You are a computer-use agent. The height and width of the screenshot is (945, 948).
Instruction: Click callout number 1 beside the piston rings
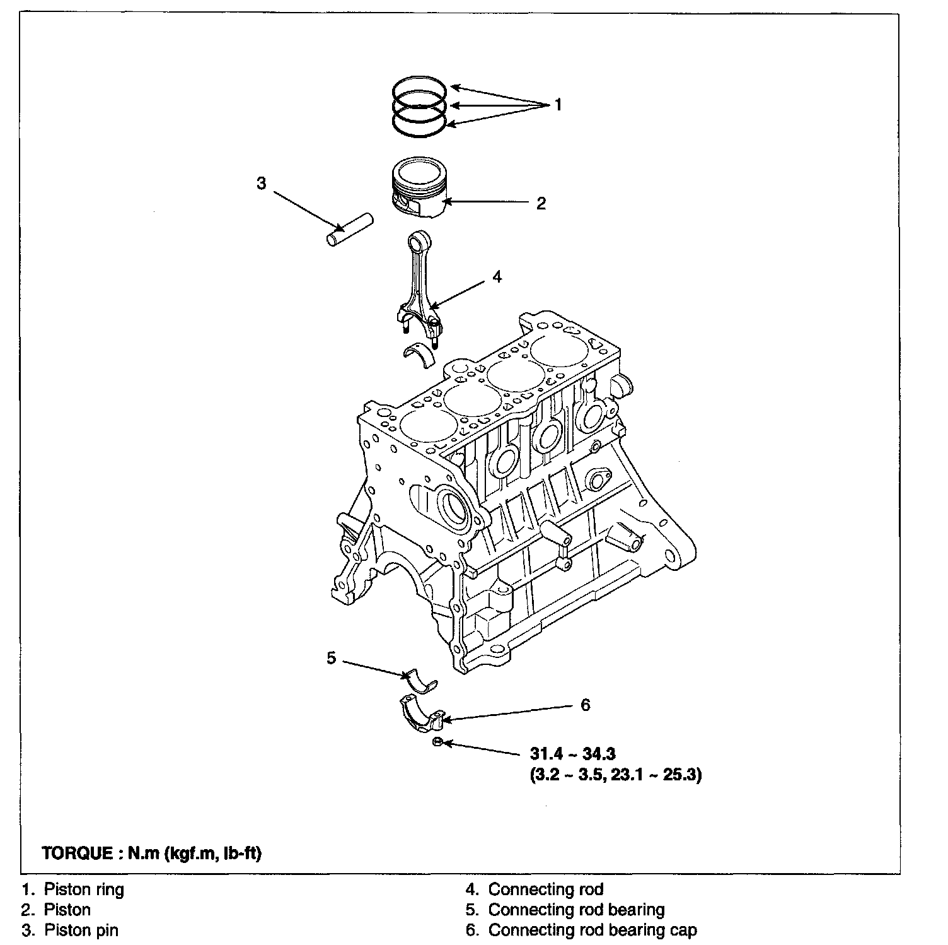557,105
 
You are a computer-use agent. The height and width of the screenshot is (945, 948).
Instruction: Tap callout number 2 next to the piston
541,203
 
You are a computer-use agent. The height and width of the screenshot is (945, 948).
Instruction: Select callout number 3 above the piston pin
262,184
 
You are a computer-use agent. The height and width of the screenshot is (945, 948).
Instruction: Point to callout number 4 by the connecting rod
497,276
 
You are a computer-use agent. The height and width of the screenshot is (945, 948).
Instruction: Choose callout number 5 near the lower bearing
332,659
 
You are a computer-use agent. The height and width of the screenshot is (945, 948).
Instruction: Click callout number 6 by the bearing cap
585,705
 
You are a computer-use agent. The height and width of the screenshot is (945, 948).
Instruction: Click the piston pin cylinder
350,232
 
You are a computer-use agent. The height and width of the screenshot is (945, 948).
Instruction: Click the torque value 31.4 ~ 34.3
573,753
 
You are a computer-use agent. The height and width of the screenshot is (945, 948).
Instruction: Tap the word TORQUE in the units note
76,854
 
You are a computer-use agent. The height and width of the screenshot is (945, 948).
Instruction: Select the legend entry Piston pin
81,930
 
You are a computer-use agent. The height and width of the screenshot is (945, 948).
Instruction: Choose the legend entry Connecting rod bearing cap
592,930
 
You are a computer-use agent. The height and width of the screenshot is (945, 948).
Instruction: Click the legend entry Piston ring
84,889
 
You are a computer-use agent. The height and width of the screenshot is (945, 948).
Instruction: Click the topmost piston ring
420,88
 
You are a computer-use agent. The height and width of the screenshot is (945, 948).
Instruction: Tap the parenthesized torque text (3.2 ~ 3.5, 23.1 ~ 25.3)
616,775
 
